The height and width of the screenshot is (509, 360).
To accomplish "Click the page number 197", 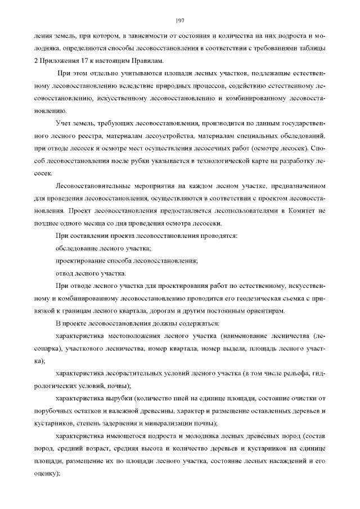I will (180, 21).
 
